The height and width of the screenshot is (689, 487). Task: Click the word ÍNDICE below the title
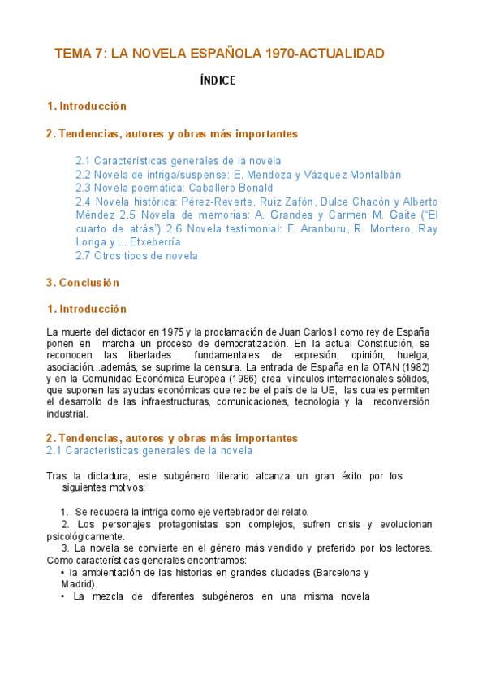pos(218,80)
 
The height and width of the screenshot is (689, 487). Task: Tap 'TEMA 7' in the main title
pos(79,54)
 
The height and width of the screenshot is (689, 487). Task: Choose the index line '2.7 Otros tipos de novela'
pos(136,256)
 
